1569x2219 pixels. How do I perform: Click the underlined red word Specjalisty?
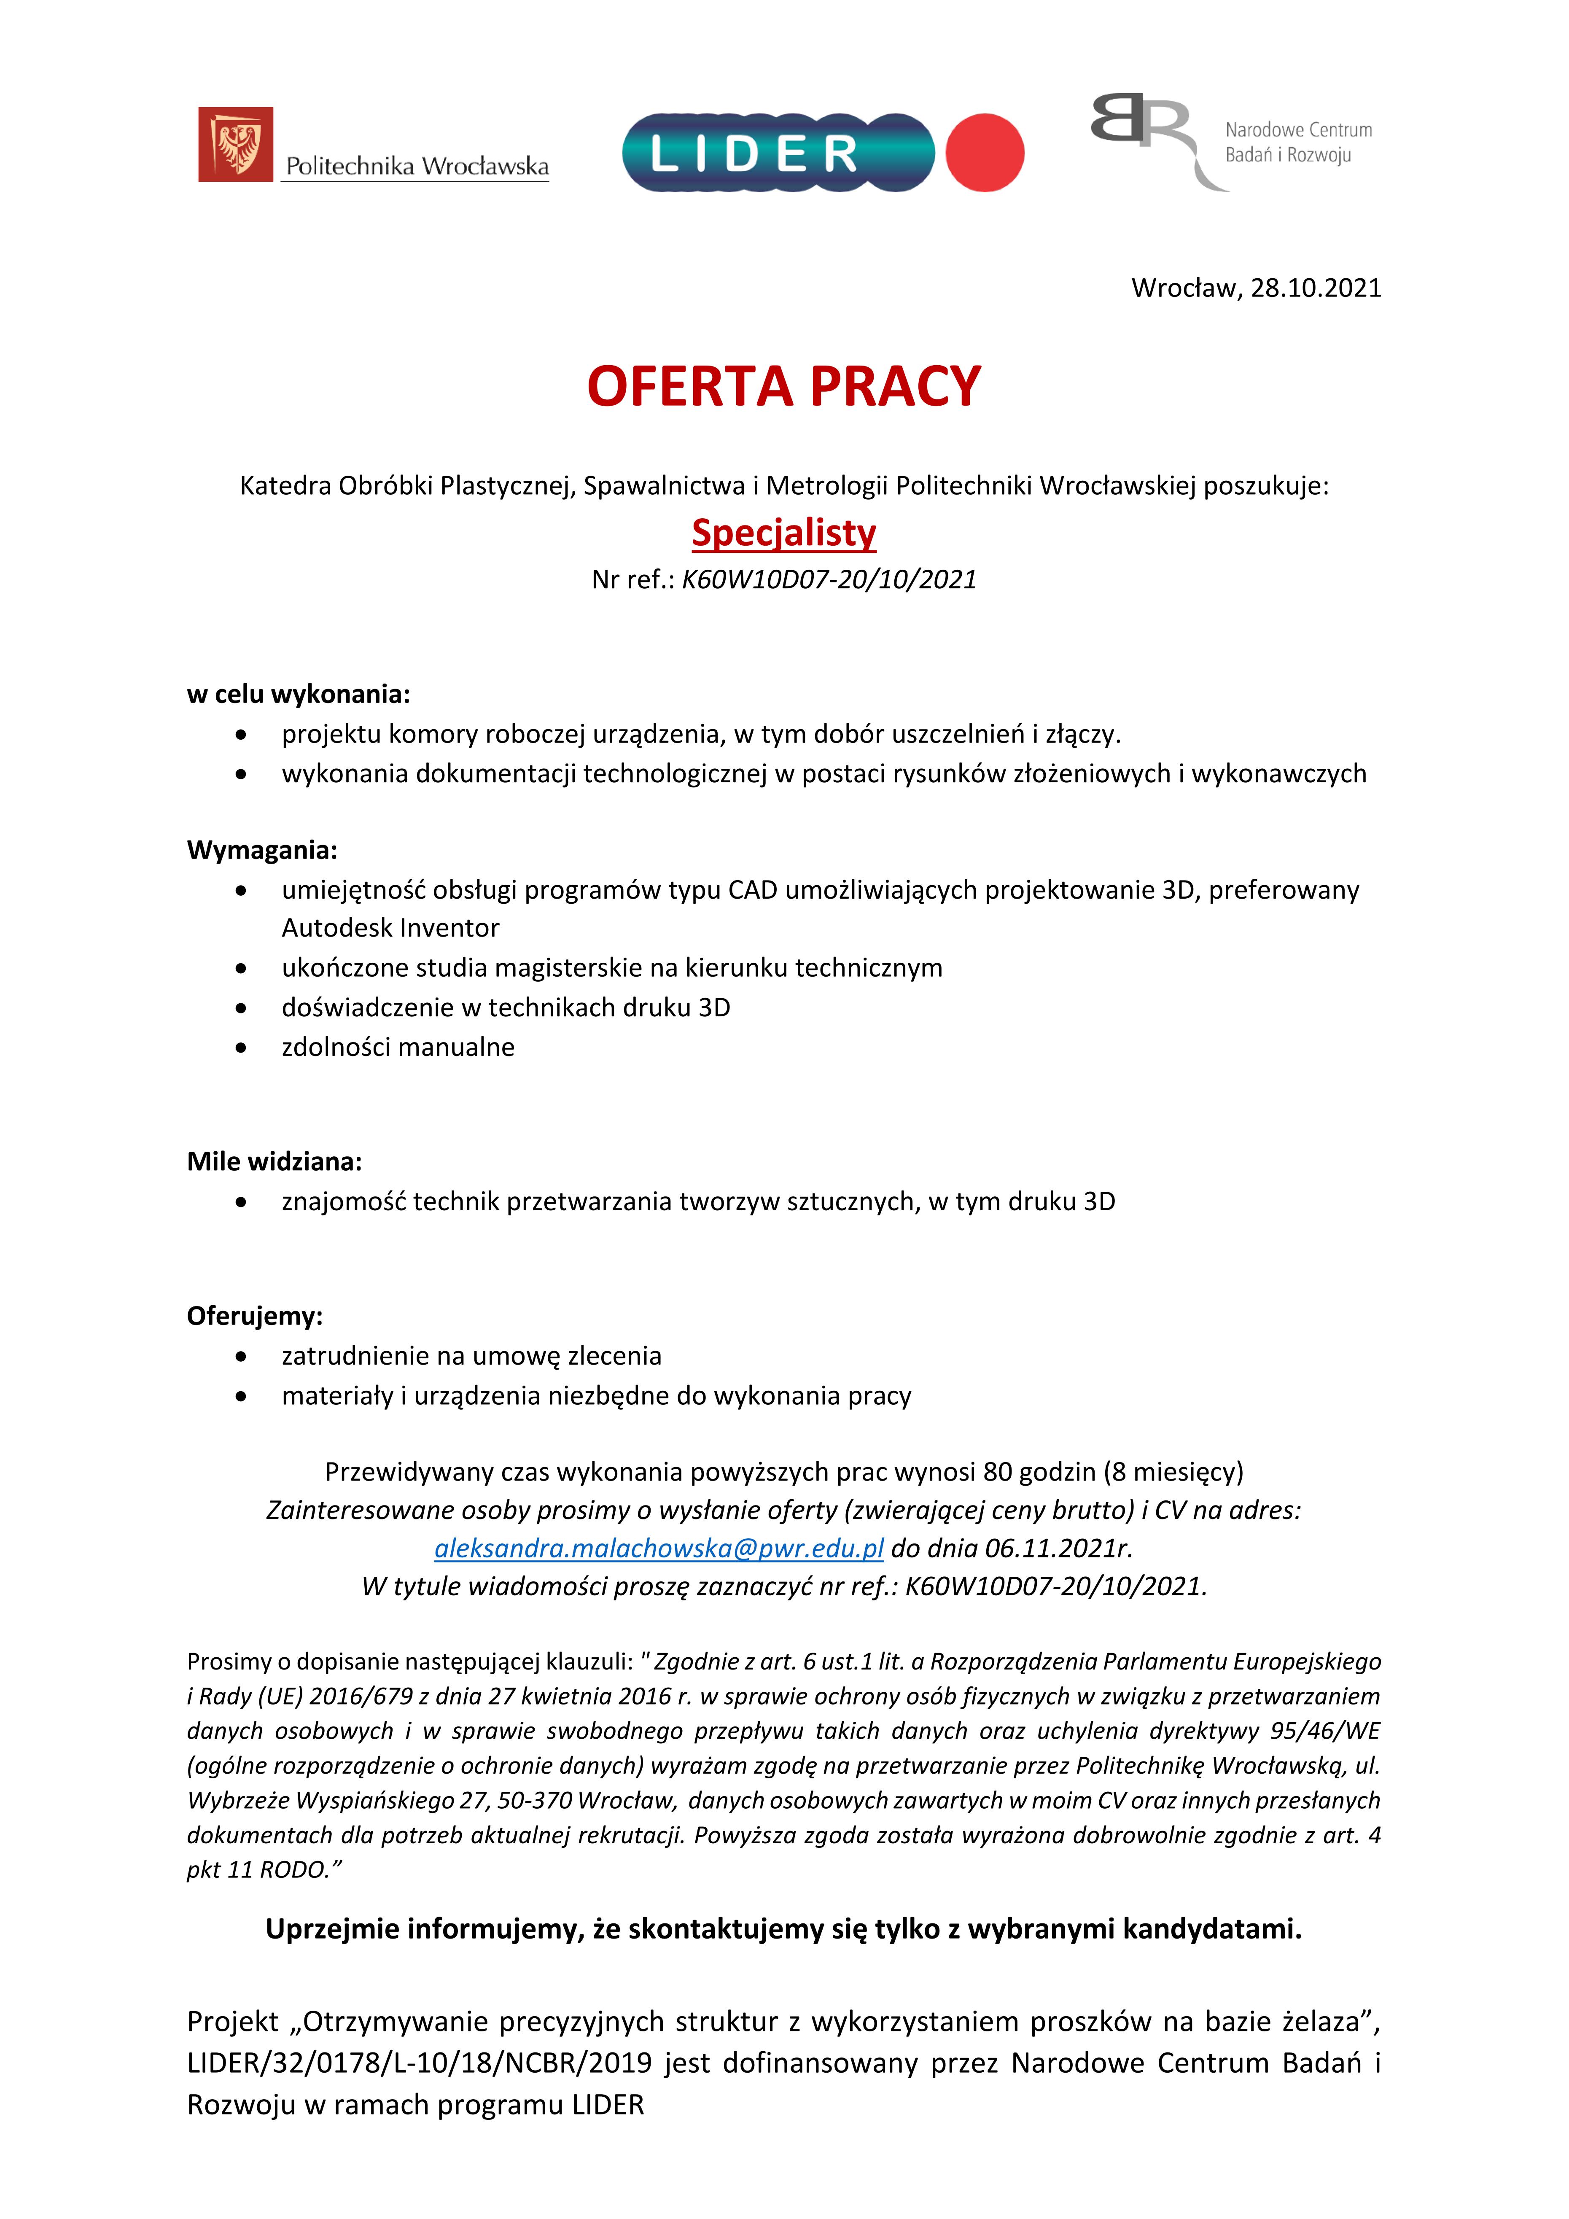[x=783, y=533]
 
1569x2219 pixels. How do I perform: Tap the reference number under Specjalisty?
[x=829, y=580]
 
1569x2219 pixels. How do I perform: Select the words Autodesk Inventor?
[x=390, y=928]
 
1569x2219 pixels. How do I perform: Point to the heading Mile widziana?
[x=275, y=1162]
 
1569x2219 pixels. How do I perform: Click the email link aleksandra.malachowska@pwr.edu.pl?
[x=659, y=1548]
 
